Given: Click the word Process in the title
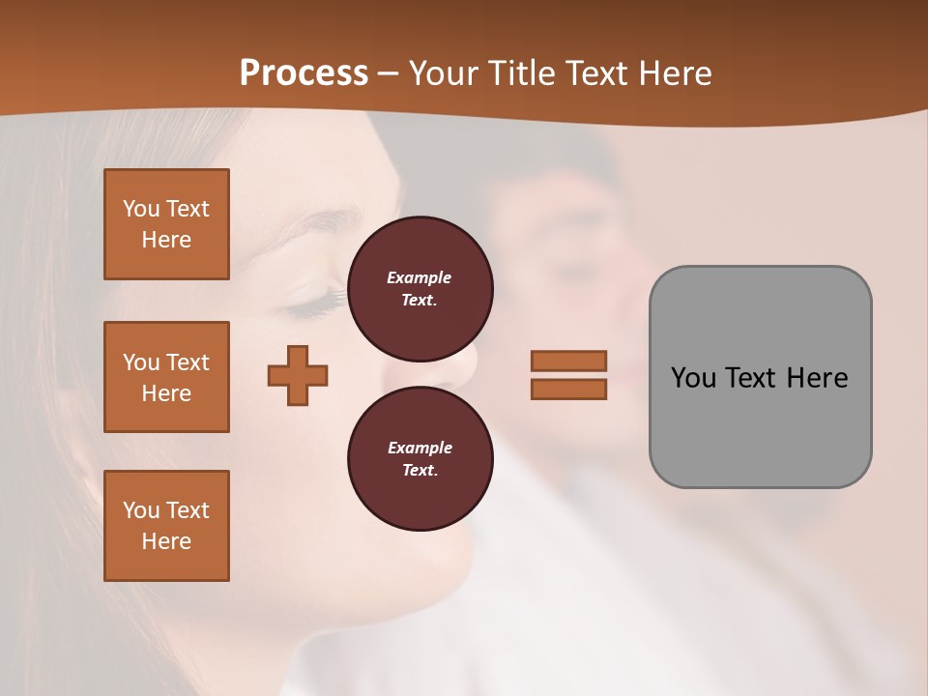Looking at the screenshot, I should (304, 73).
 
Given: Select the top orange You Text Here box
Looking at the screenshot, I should (166, 224).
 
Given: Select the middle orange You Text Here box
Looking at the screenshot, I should (166, 377).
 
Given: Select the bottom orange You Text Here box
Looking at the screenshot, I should (166, 525).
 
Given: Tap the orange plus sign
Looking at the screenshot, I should (298, 375).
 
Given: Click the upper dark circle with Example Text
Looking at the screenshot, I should (420, 288).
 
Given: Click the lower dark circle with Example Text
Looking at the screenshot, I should (420, 458).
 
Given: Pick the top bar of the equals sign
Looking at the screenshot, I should (568, 361).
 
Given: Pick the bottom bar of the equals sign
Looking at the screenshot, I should (568, 389).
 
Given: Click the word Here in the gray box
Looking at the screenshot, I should (817, 378).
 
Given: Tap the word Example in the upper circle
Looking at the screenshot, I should (420, 277).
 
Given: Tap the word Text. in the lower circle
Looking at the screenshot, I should (420, 470).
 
